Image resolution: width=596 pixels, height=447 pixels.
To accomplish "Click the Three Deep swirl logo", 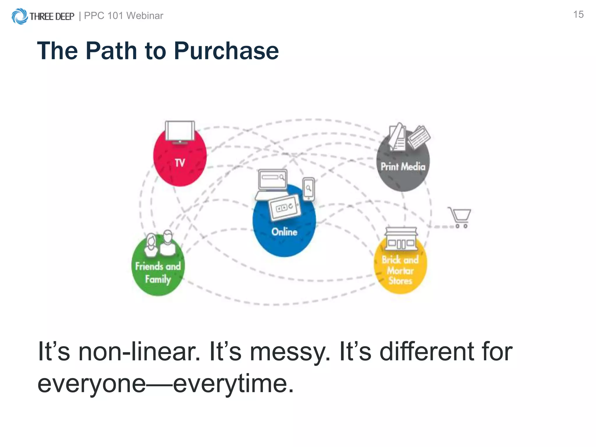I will click(x=19, y=16).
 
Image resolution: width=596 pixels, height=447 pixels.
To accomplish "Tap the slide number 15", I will click(x=578, y=15).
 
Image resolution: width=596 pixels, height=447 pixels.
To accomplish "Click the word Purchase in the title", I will click(x=226, y=51).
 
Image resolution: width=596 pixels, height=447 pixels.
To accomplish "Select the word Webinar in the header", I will click(x=145, y=16).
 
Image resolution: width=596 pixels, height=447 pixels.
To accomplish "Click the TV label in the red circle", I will click(x=180, y=163).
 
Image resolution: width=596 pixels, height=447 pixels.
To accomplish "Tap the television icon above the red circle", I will click(x=180, y=132).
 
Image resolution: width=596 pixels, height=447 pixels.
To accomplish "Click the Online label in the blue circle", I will click(x=284, y=232).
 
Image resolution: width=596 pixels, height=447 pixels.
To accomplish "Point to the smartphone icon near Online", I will click(x=308, y=189).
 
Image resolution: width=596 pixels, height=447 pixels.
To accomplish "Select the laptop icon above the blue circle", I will click(x=272, y=183).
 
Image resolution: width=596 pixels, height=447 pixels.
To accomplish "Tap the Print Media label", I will click(x=403, y=167).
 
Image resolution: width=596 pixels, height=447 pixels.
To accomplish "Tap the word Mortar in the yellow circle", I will click(x=400, y=271).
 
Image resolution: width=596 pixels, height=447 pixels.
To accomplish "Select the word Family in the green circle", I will click(x=158, y=279).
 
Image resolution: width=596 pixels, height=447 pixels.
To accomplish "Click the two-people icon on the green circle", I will click(x=160, y=244).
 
